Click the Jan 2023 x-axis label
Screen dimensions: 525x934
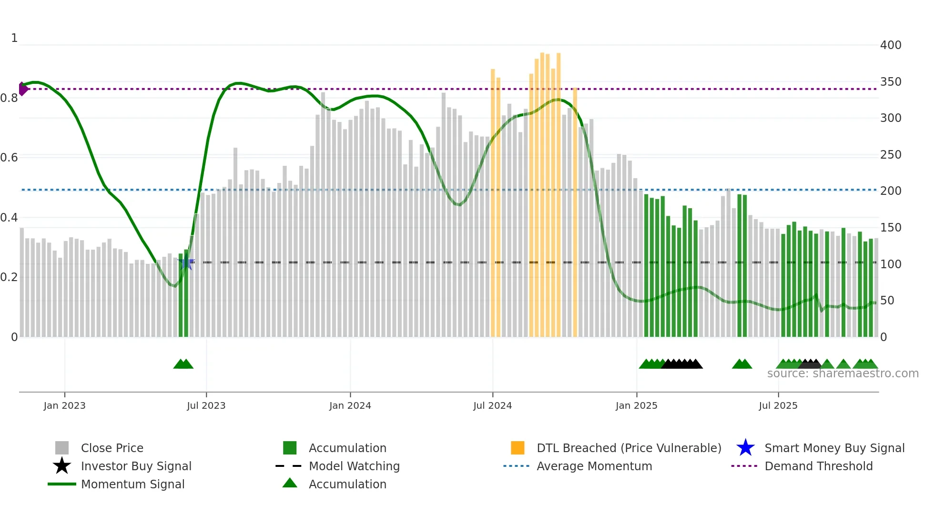coord(64,405)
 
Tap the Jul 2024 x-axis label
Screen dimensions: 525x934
coord(492,405)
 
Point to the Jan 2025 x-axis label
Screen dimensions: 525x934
coord(636,405)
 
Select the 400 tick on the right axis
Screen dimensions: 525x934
coord(890,45)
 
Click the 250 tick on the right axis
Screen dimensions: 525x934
coord(890,155)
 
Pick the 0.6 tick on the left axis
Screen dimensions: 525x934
coord(9,158)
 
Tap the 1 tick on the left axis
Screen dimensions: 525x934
coord(14,38)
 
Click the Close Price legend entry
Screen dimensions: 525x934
coord(112,448)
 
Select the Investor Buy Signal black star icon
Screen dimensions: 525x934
coord(62,466)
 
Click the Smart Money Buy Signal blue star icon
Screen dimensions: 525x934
coord(745,448)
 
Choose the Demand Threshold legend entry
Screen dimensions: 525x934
coord(818,466)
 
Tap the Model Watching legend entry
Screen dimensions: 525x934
coord(354,466)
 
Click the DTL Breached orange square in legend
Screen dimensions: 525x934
coord(518,448)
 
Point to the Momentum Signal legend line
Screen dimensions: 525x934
coord(62,484)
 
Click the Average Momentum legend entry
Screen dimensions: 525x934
coord(594,466)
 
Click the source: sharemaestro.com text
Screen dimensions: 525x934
coord(843,374)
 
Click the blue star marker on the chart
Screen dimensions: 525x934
coord(186,262)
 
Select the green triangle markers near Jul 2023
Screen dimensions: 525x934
coord(183,364)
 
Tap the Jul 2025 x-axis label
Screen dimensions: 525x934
coord(778,405)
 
